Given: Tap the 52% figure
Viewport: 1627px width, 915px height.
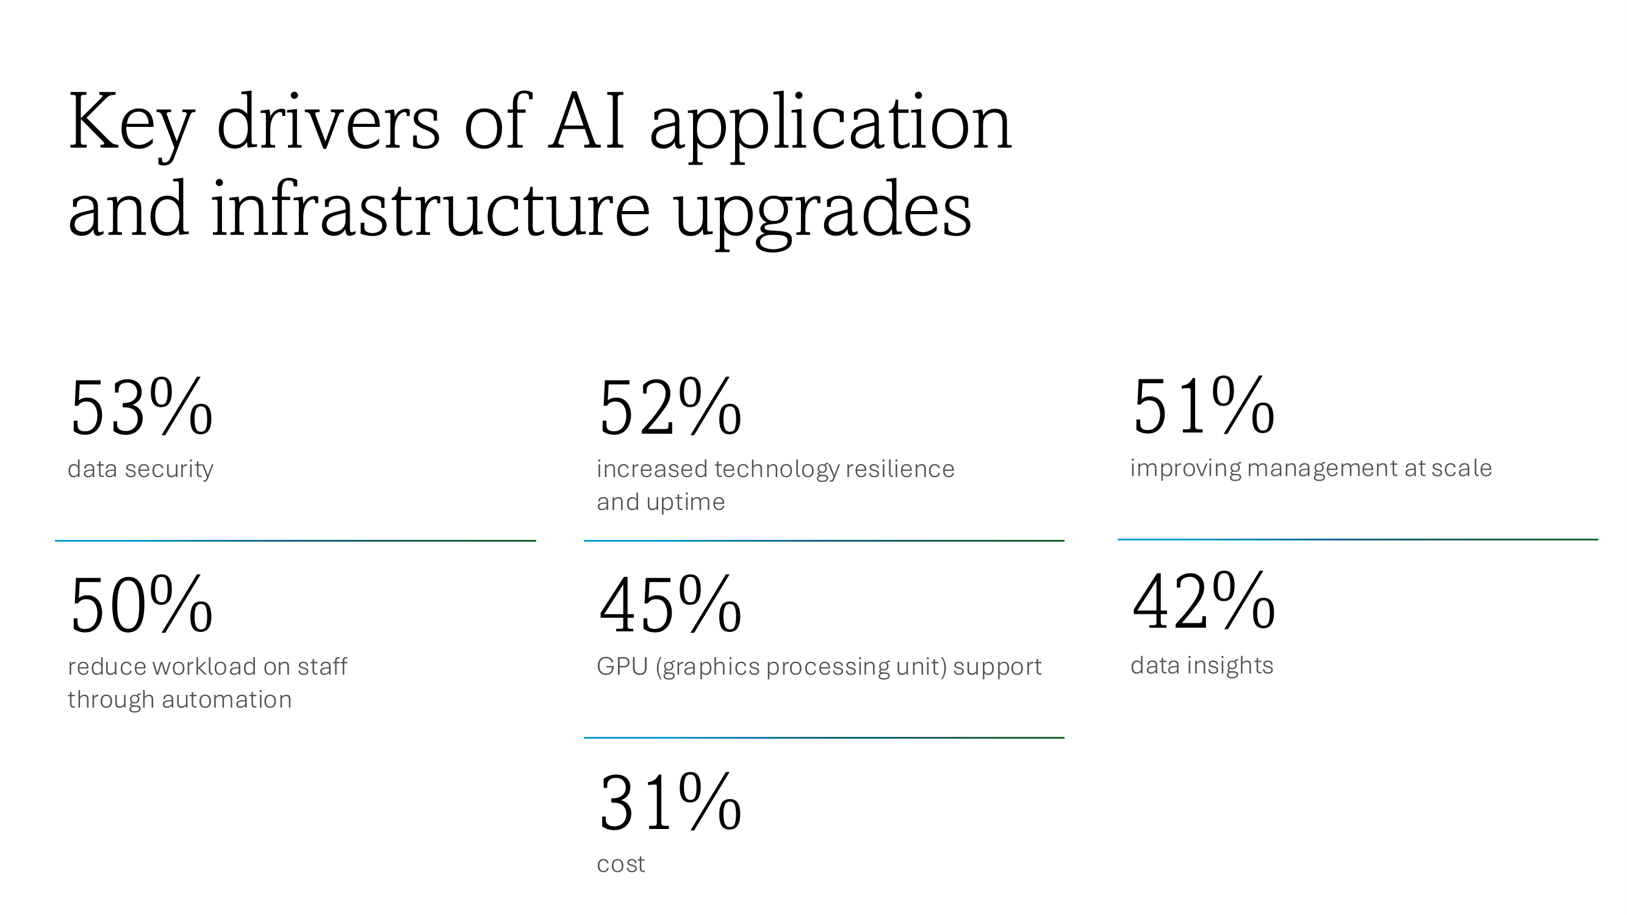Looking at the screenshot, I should (669, 407).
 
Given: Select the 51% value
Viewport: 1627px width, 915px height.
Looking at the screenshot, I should (1203, 406).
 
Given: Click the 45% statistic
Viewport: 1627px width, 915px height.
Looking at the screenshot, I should (669, 605).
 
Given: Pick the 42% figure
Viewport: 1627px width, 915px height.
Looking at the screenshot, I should (1203, 602).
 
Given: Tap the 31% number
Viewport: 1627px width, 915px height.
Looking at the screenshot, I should (669, 803).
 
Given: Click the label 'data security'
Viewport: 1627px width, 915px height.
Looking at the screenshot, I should (140, 469).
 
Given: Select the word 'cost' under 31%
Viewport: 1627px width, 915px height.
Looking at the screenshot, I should (620, 864).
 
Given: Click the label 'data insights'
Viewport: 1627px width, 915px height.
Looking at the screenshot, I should (1201, 666).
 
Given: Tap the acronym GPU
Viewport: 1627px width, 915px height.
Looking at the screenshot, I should (622, 667).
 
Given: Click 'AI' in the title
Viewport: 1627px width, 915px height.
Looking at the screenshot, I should (587, 121).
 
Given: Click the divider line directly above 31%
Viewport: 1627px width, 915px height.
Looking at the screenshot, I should (824, 737).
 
